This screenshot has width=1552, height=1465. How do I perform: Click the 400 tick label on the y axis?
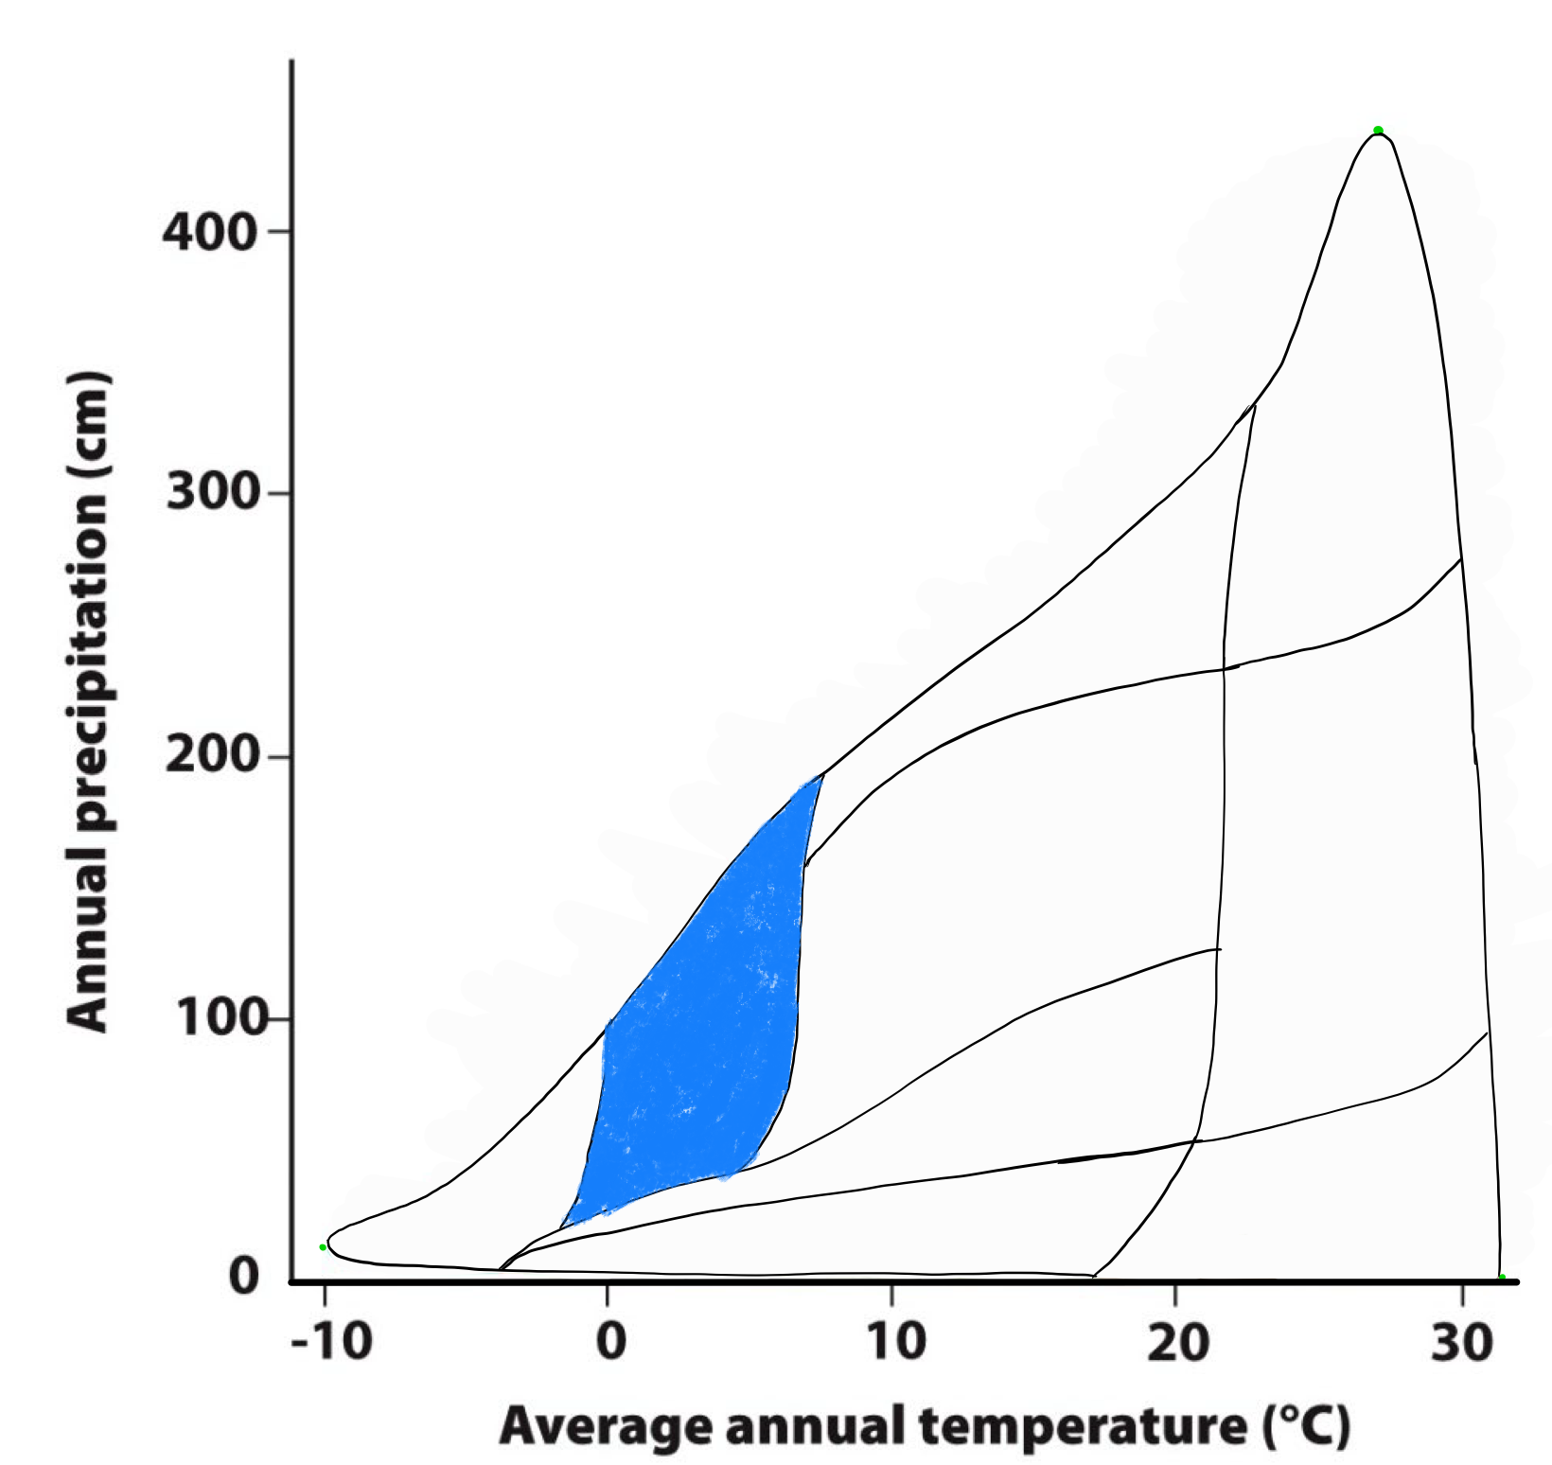point(209,232)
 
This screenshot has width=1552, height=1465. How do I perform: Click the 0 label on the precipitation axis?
point(244,1277)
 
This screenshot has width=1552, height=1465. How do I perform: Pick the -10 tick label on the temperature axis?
point(330,1341)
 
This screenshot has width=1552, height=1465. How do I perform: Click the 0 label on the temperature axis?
point(611,1341)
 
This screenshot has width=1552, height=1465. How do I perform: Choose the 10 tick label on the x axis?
point(895,1341)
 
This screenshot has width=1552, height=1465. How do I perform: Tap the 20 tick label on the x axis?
point(1178,1341)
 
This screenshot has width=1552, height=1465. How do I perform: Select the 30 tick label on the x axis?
point(1461,1341)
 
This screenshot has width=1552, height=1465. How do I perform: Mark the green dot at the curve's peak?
point(1378,131)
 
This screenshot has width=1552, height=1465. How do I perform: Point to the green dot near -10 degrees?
point(323,1247)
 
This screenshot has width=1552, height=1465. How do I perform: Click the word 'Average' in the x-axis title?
point(606,1426)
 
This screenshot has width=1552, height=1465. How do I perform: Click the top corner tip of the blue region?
point(820,776)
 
